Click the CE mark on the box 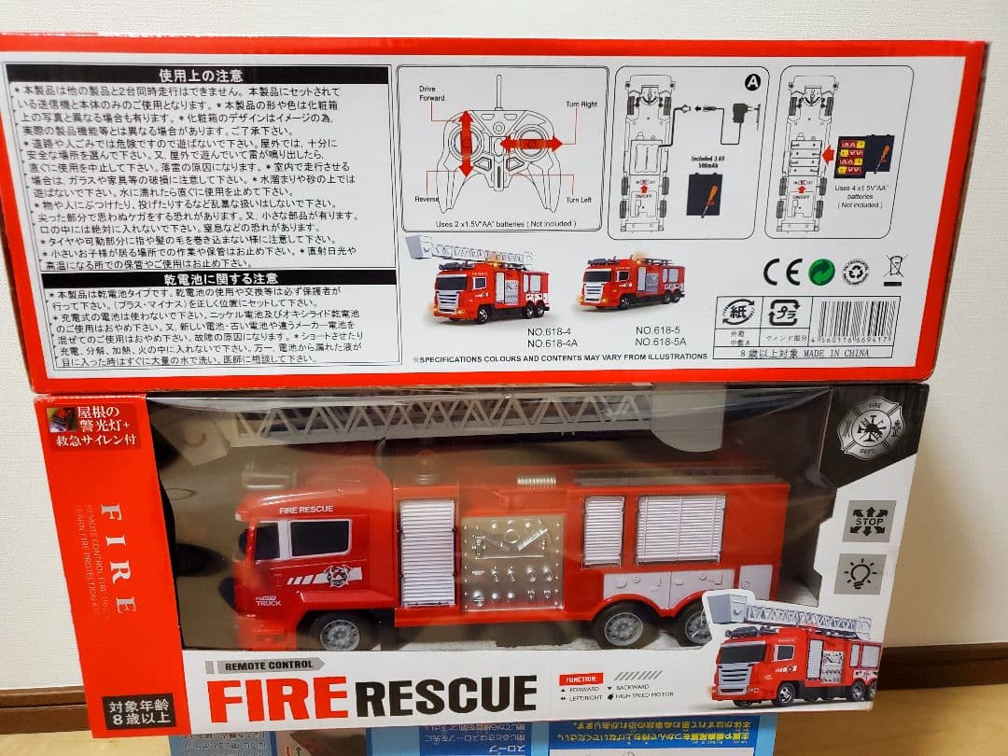tap(781, 272)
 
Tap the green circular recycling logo tap(821, 272)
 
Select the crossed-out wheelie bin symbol tap(893, 270)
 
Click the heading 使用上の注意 tap(201, 76)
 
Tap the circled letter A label tap(751, 82)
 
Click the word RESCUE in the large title tap(446, 695)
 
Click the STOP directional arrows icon tap(868, 520)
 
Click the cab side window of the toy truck tap(318, 539)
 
